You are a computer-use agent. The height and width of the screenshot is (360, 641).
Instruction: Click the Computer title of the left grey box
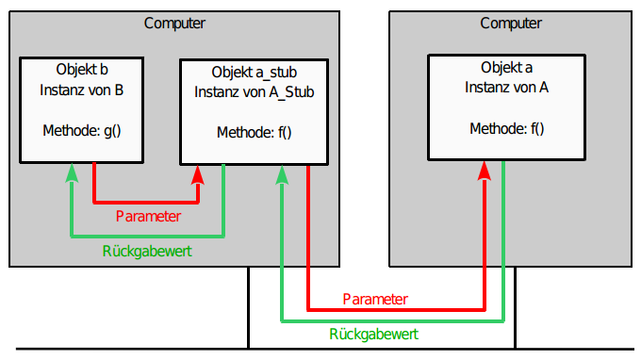(x=175, y=23)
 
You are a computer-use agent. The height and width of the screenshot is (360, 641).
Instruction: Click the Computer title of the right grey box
(x=511, y=23)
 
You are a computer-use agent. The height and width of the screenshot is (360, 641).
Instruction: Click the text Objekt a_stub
(x=254, y=71)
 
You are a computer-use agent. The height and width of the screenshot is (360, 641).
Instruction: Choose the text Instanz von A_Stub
(x=254, y=91)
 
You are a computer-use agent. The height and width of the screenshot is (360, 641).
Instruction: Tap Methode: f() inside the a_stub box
(x=254, y=132)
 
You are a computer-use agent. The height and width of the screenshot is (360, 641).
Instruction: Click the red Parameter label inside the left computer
(x=148, y=216)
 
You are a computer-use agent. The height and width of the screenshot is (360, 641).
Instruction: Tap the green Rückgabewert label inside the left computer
(x=148, y=252)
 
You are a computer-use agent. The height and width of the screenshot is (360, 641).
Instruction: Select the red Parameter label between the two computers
(x=374, y=299)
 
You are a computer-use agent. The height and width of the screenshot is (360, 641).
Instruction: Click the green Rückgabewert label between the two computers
(x=374, y=334)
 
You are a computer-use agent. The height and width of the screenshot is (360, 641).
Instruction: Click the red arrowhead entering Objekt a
(x=485, y=170)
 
